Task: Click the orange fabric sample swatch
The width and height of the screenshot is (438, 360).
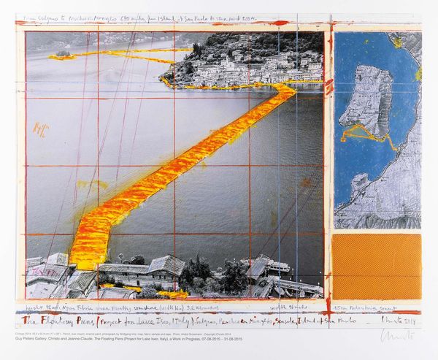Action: [x=376, y=266]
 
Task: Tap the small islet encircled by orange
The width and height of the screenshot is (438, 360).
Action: [x=62, y=53]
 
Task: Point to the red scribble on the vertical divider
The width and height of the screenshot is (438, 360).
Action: [x=329, y=86]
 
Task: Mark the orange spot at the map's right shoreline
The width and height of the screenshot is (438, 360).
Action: [x=418, y=73]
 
